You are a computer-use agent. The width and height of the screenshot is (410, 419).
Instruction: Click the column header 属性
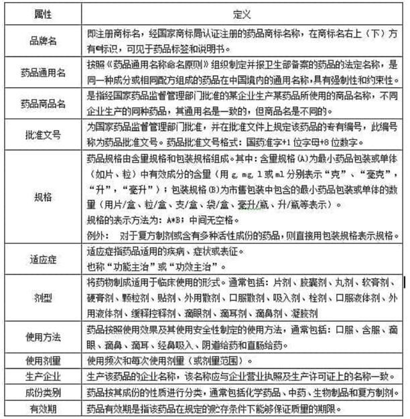click(x=42, y=11)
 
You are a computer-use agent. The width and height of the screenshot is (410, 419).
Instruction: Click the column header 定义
click(x=241, y=11)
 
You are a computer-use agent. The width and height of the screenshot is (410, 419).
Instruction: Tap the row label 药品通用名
click(x=42, y=72)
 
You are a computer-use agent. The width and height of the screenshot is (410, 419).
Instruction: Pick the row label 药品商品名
click(x=42, y=103)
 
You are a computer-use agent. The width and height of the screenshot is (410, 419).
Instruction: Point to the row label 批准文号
click(x=42, y=134)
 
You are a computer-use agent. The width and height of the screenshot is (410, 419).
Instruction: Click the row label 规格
click(x=42, y=198)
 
